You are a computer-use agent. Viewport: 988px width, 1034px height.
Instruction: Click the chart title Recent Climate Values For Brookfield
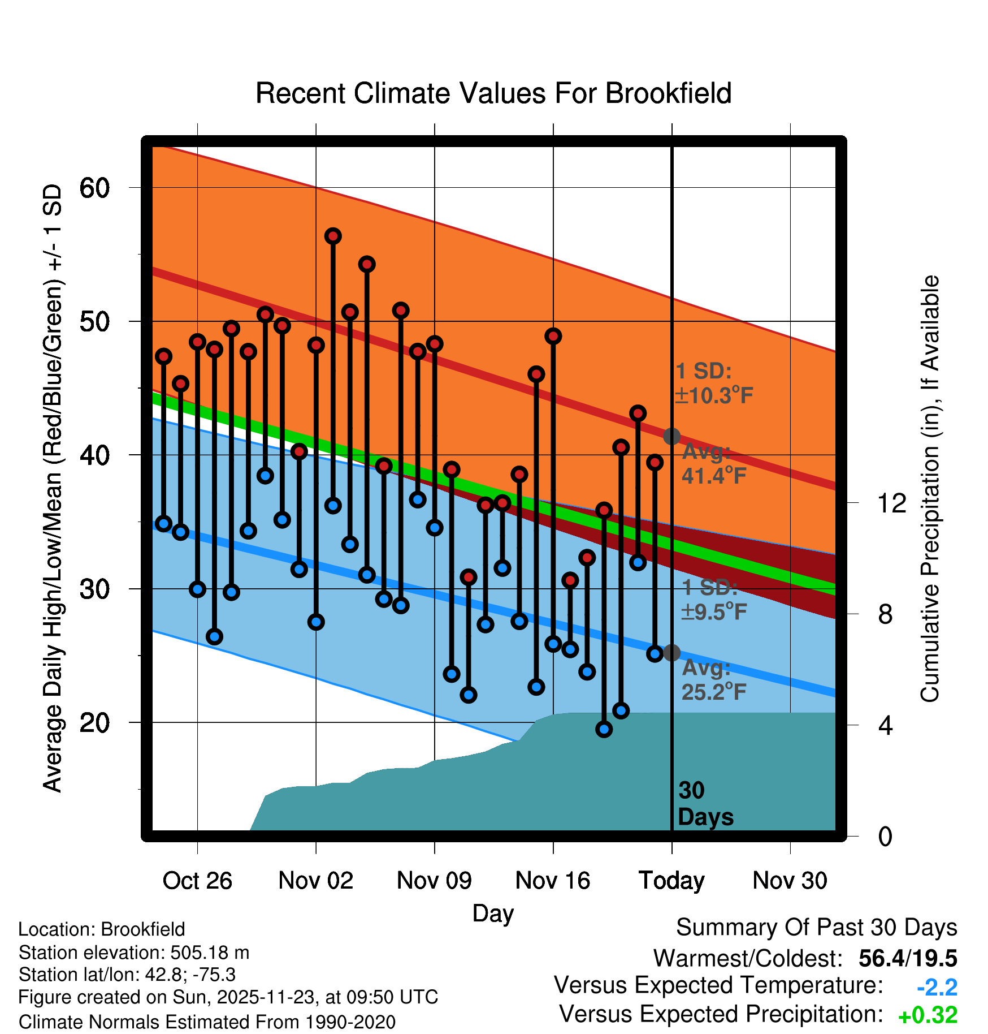pos(493,93)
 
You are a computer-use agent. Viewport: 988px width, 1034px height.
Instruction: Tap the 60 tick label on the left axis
pos(94,188)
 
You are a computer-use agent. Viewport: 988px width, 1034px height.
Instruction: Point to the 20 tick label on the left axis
pos(94,723)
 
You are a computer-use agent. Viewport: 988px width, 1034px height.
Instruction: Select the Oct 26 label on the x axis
pos(197,881)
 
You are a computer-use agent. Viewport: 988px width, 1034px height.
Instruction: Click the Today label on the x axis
pos(671,881)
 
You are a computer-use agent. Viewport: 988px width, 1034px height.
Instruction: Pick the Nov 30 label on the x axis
pos(790,881)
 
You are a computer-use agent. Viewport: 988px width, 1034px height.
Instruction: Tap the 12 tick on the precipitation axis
pos(891,503)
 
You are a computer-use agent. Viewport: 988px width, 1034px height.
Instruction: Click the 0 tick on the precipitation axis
pos(885,836)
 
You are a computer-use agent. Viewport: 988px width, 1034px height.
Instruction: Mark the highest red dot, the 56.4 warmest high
pos(333,236)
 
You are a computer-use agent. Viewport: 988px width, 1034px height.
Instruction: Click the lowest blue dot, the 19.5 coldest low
pos(604,729)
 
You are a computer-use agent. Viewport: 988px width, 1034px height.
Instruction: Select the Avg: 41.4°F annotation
pos(713,464)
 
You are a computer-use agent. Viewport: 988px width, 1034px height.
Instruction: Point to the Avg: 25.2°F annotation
pos(713,680)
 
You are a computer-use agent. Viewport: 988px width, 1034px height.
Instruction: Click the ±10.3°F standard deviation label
pos(714,395)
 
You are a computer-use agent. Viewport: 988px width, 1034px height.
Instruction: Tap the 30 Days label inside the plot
pos(705,804)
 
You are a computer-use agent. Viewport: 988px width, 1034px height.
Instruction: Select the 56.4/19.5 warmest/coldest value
pos(907,958)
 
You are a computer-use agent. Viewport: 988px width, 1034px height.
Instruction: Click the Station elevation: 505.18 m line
pos(134,953)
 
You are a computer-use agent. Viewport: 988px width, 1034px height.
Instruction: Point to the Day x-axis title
pos(493,914)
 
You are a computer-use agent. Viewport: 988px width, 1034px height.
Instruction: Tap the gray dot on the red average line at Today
pos(671,436)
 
